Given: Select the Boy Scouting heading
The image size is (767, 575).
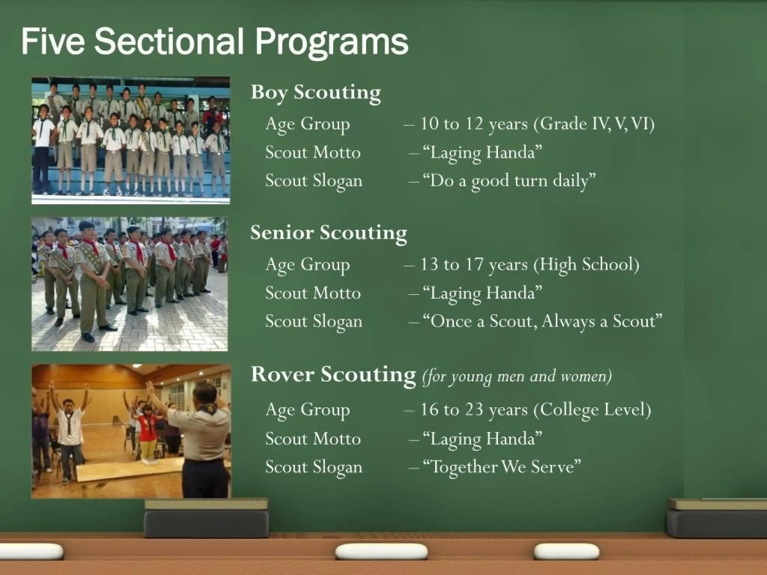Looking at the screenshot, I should click(316, 92).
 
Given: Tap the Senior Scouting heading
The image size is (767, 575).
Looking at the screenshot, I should click(328, 232).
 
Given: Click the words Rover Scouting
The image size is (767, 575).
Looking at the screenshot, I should click(333, 374).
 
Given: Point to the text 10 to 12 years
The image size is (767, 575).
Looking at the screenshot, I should click(474, 124).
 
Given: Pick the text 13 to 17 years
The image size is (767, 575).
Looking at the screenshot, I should click(474, 265).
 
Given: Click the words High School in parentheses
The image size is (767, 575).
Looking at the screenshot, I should click(586, 265).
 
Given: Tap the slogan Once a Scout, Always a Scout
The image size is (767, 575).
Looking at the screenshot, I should click(542, 322).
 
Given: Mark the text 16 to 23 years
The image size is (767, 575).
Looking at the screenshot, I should click(474, 410).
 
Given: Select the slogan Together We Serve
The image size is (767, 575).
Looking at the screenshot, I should click(502, 467).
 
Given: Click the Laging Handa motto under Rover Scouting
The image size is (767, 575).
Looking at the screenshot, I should click(482, 439).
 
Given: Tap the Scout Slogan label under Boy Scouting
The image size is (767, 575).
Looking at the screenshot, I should click(314, 181).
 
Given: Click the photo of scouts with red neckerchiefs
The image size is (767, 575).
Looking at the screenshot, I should click(129, 284).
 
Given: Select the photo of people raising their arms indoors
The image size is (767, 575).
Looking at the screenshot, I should click(131, 431).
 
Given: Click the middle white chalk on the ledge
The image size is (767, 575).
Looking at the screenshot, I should click(381, 552).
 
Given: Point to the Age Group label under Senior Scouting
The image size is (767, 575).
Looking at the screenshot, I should click(307, 265).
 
